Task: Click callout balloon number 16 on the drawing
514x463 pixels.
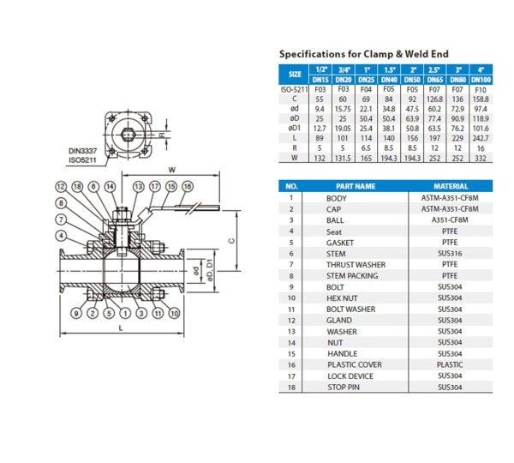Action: click(x=187, y=186)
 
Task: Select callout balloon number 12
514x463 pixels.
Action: click(x=62, y=186)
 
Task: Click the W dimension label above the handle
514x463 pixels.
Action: click(x=172, y=168)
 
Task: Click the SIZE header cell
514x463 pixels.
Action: click(x=295, y=74)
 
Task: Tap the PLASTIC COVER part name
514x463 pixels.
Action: click(x=356, y=364)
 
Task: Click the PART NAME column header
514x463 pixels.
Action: click(x=356, y=185)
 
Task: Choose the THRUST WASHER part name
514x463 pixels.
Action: click(x=356, y=264)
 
